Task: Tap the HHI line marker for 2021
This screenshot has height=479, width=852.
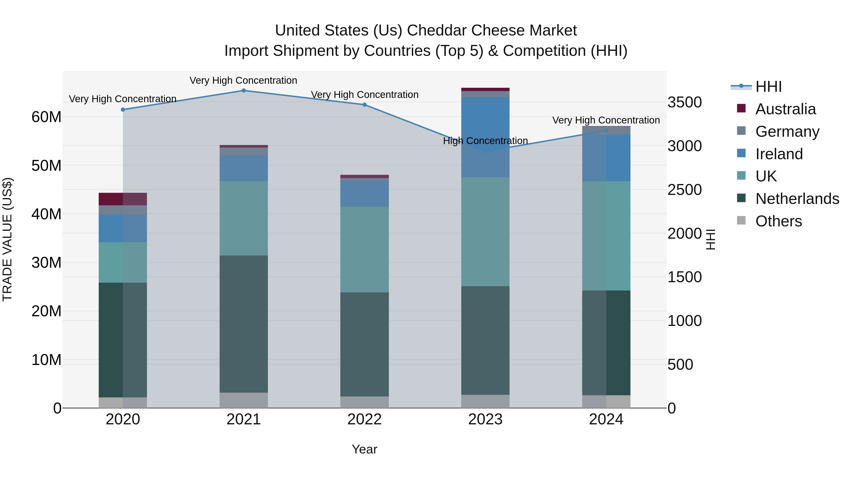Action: (244, 91)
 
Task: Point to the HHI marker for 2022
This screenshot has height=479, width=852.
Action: (364, 105)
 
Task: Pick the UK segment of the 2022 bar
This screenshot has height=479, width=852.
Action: (364, 250)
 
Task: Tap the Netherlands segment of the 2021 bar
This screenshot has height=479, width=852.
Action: (244, 324)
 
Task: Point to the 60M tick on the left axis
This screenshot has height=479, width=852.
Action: (46, 117)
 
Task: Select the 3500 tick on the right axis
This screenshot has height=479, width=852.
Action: (684, 102)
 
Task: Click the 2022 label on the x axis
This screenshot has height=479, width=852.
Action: (364, 419)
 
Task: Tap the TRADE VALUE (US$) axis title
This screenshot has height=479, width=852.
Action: (7, 239)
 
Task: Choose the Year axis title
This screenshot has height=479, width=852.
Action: (364, 449)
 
